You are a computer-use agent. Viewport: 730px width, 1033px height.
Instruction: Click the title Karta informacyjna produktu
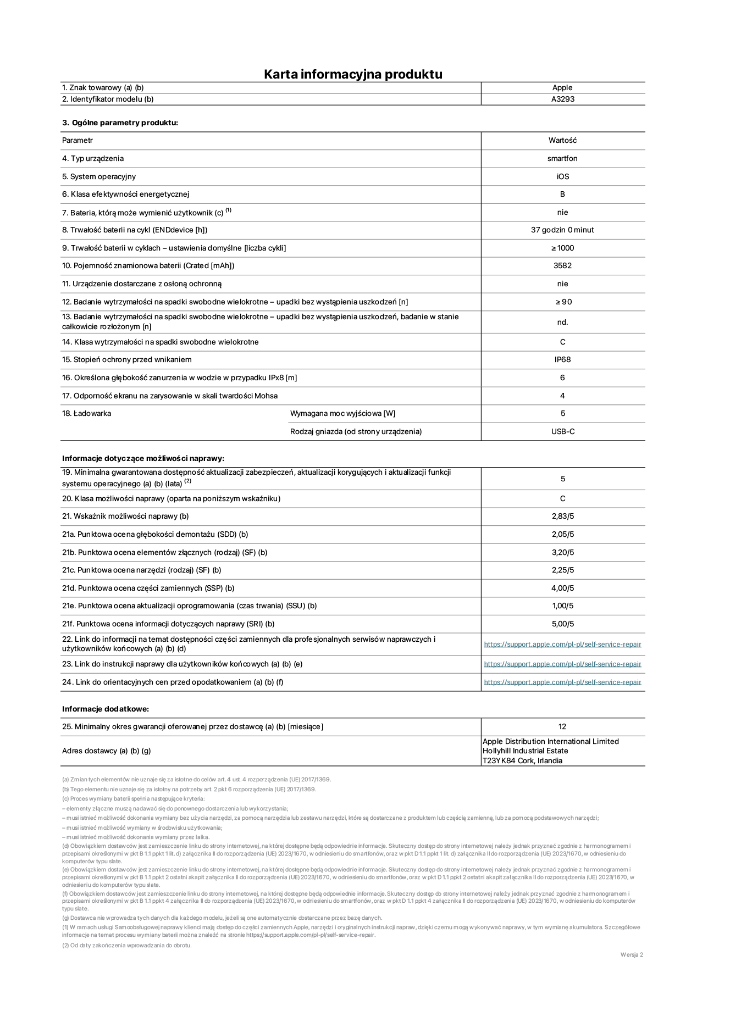(353, 74)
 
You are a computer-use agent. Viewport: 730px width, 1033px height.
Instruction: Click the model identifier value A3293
(563, 99)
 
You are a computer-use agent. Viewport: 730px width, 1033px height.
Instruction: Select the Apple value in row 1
(562, 87)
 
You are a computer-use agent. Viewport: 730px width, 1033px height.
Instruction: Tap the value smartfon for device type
(562, 158)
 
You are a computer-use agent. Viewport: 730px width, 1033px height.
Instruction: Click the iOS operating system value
(562, 176)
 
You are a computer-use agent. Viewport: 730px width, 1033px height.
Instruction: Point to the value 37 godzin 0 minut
(562, 230)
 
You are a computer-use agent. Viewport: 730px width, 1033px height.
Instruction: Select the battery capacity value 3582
(562, 265)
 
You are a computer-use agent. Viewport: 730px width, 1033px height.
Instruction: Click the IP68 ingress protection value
(562, 359)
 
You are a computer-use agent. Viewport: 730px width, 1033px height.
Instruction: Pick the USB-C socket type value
(563, 431)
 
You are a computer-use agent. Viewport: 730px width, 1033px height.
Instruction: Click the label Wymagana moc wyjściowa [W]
(342, 413)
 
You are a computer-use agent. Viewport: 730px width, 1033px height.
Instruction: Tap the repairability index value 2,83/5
(563, 516)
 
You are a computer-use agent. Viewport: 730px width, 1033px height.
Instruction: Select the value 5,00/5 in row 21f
(563, 624)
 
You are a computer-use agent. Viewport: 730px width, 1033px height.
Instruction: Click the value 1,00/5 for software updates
(563, 606)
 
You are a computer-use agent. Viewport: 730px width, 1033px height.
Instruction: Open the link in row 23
(562, 664)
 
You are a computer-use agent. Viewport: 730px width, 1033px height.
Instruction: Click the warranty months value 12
(562, 726)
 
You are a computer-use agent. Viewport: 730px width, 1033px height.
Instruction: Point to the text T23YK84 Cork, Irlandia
(522, 760)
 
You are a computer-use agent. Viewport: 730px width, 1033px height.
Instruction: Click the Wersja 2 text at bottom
(632, 954)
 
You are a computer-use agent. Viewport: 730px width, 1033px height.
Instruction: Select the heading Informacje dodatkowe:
(106, 709)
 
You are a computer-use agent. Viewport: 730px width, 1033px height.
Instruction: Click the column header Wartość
(562, 140)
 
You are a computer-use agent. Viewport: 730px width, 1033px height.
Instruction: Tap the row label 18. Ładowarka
(86, 413)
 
